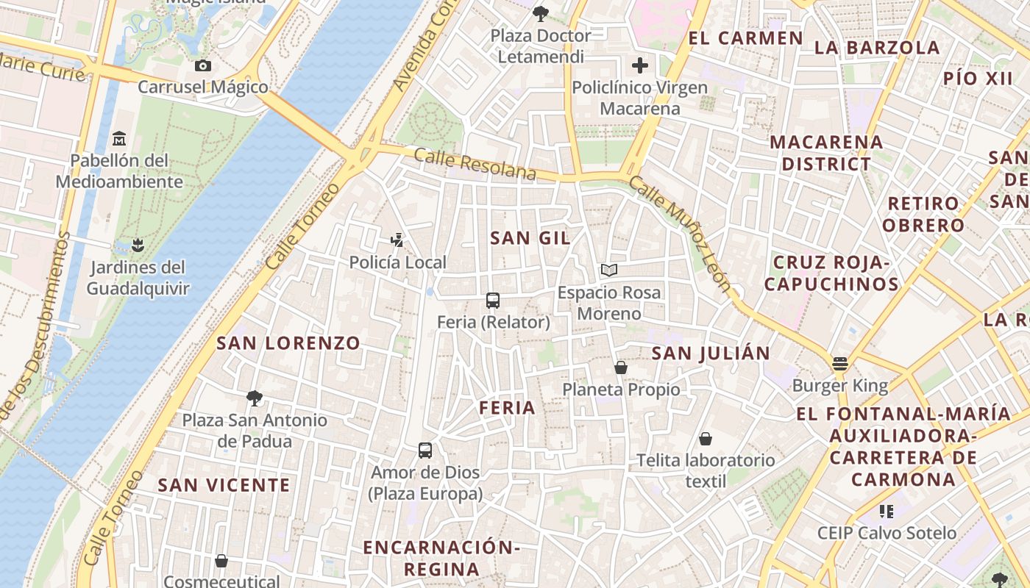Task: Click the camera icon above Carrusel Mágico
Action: (203, 65)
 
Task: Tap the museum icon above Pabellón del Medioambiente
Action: (119, 138)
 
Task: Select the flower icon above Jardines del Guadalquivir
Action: (137, 245)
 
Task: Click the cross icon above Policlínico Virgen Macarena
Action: (640, 65)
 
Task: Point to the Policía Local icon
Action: (397, 240)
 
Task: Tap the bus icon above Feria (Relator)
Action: (493, 300)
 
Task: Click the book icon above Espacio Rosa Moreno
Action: (608, 270)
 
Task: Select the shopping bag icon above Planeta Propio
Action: (621, 367)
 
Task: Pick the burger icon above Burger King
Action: (840, 363)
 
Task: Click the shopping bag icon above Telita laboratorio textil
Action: (706, 439)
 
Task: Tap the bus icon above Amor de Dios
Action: (425, 450)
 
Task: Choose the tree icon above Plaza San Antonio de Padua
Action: (255, 398)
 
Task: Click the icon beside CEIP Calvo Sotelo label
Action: (887, 511)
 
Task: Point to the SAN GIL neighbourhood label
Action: (530, 237)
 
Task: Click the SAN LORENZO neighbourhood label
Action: (288, 343)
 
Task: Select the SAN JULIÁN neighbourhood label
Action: (711, 353)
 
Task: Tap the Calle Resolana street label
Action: (475, 164)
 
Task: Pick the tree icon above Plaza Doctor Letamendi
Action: (541, 13)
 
